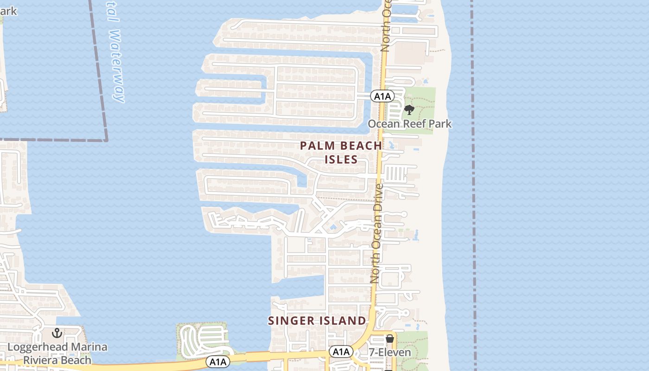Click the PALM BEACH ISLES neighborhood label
tap(341, 152)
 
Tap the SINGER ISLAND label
tap(317, 320)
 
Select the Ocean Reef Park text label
tap(409, 124)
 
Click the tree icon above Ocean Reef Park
tap(409, 110)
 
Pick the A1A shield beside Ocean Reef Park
tap(382, 96)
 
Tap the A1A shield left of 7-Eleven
tap(341, 352)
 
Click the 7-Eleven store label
tap(390, 352)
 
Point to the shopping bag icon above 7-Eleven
tap(390, 339)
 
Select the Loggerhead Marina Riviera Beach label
tap(57, 353)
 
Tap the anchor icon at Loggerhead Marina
tap(57, 333)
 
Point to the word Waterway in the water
tap(118, 66)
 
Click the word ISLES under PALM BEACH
tap(341, 160)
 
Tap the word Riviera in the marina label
tap(45, 360)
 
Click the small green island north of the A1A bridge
tap(203, 341)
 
